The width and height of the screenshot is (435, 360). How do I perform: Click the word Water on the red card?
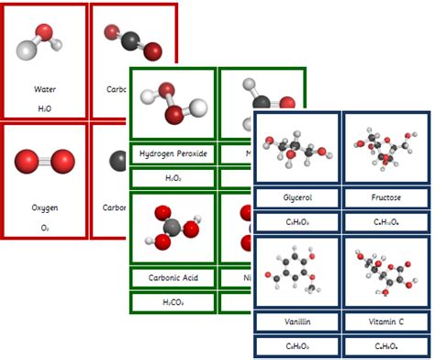click(44, 90)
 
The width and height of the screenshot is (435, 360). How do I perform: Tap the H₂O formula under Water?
click(44, 108)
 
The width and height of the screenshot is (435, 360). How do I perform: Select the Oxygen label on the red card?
click(44, 208)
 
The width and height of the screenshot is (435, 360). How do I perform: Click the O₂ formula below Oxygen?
click(44, 227)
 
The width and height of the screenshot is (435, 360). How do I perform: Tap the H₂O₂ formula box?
click(173, 177)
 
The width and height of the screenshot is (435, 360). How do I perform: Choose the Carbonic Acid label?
click(173, 276)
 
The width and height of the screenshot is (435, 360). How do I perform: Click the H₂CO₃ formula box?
click(173, 301)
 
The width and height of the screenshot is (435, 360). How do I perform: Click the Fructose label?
click(384, 197)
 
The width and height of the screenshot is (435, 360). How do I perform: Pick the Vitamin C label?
click(384, 322)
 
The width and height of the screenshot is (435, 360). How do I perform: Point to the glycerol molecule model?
click(296, 147)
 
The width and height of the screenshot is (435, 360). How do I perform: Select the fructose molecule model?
click(384, 147)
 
